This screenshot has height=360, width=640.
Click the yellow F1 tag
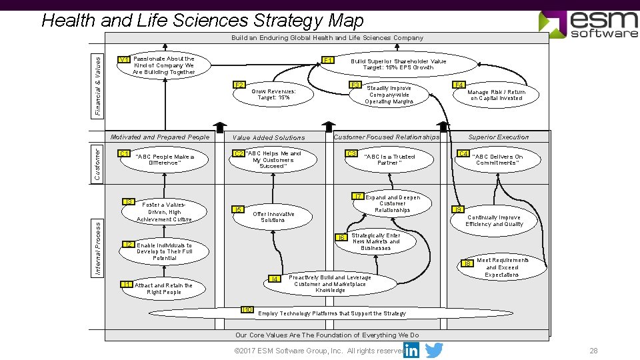coord(328,61)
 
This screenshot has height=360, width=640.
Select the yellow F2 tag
coord(239,85)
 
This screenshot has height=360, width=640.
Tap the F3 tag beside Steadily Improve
coord(355,85)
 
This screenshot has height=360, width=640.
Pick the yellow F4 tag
coord(459,85)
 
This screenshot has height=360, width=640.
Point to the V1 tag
coord(123,60)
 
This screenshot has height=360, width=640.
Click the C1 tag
coord(123,154)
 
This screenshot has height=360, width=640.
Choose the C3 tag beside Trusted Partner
coord(351,154)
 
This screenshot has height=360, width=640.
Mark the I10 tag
coord(247,310)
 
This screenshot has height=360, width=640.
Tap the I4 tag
coord(274,279)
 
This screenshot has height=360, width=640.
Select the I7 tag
coord(358,196)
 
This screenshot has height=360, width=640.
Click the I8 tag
coord(467,263)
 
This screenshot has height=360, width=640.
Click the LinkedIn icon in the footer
coord(411,350)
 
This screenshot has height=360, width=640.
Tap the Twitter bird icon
coord(434,350)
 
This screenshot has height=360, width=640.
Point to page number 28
coord(593,351)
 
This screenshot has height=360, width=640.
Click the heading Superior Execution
coord(498,137)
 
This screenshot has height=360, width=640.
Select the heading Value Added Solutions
coord(269,138)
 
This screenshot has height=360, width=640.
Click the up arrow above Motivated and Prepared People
coord(219,128)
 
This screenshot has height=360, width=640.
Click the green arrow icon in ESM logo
coord(552,23)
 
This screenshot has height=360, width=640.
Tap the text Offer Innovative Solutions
coord(273,217)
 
